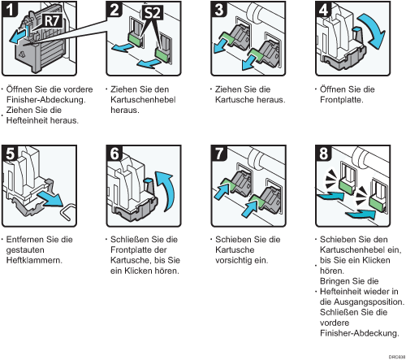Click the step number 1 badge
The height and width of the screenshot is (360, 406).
coord(10,10)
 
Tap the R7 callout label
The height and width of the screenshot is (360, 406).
coord(53,21)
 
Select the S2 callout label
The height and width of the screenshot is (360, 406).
coord(153,13)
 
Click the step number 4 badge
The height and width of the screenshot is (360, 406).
coord(324,10)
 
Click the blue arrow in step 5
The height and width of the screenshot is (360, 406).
coord(50,199)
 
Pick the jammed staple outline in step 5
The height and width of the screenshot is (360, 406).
coord(68,211)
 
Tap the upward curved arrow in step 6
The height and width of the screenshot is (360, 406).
coord(166,189)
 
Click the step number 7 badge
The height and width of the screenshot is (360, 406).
coord(219,154)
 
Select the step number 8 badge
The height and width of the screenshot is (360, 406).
coord(324,154)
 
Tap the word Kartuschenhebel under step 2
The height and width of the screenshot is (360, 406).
coord(143,100)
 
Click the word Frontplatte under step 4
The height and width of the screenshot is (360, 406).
coord(340,100)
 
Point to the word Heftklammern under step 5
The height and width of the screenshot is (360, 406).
coord(33,260)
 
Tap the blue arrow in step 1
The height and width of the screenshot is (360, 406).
coord(19,37)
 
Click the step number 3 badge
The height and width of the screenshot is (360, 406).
coord(218,10)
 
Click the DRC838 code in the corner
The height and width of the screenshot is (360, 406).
coord(397,357)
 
